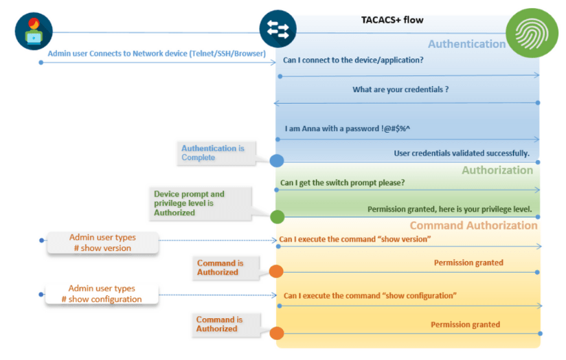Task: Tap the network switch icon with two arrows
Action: tap(277, 30)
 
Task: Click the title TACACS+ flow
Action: tap(392, 20)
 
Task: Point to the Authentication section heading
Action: tap(466, 44)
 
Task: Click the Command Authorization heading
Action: tap(473, 225)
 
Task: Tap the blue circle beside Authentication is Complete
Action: tap(277, 161)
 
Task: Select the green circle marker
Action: tap(277, 216)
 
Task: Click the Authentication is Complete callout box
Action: tap(212, 153)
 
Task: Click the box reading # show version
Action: tap(103, 243)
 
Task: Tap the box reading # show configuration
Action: tap(102, 294)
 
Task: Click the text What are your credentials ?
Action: tap(400, 89)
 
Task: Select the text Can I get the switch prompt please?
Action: tap(342, 183)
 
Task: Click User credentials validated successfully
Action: tap(462, 153)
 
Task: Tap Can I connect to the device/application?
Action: tap(353, 60)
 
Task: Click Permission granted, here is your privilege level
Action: tap(449, 208)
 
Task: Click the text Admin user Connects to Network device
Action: tap(157, 53)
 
